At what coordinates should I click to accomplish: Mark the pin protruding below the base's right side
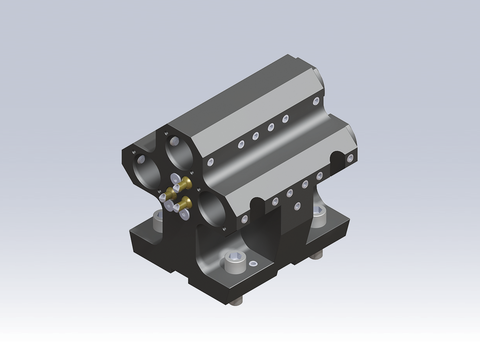[317, 255]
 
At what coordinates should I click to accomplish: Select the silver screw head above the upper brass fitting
[174, 178]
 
